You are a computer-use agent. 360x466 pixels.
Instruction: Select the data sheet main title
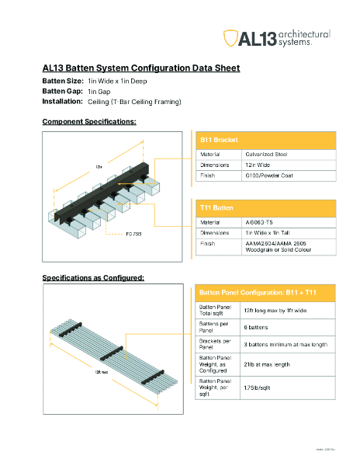(140, 68)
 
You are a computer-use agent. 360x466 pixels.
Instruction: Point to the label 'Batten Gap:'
(61, 91)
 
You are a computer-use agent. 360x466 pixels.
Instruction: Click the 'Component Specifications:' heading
(89, 122)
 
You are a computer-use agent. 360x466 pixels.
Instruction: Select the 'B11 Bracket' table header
(219, 140)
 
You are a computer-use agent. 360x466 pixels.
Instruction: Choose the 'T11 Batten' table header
(217, 208)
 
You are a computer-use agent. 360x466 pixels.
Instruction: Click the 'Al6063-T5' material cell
(259, 222)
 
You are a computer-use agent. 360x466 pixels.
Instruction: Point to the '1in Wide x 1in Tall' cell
(272, 232)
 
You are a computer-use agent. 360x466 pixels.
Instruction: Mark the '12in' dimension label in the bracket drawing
(99, 166)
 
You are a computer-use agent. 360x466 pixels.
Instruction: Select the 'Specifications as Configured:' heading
(93, 277)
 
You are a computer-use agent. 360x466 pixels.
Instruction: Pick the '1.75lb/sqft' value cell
(260, 386)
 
